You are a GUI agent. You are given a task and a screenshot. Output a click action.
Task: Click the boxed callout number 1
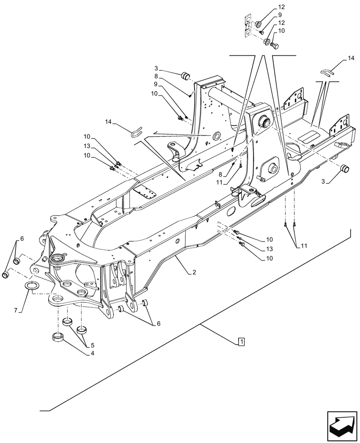click(x=240, y=342)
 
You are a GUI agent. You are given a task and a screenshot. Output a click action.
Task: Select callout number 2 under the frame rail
click(x=194, y=273)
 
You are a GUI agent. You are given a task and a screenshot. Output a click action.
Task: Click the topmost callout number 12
click(x=282, y=7)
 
